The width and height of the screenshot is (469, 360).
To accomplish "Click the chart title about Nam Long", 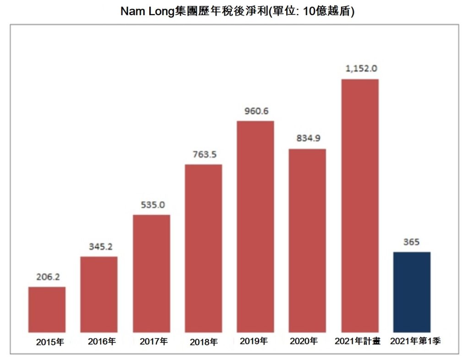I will tap(237, 11).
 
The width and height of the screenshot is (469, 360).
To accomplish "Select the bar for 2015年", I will tap(47, 309).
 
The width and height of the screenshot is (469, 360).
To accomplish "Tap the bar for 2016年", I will tap(99, 294).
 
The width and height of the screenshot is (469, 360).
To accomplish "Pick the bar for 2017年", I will tap(151, 273).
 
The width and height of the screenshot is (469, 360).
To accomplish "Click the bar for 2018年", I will tap(203, 248).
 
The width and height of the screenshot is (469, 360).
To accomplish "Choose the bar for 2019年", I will tap(255, 226).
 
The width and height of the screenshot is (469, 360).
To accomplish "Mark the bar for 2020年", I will tap(307, 240).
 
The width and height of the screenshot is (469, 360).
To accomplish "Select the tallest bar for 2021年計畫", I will tap(360, 205).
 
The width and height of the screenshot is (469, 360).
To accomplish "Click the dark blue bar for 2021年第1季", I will tap(412, 292).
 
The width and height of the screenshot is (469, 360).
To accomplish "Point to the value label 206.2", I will tap(48, 277).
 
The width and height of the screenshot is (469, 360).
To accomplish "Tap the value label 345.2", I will tap(100, 247).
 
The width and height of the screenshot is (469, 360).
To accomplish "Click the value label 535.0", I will tap(153, 205).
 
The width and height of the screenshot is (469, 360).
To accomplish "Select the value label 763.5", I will tap(204, 154).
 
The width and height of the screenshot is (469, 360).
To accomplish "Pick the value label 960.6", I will tap(256, 111).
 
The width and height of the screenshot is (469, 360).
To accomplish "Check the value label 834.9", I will tap(308, 139).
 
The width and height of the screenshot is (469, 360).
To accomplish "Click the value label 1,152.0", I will tap(361, 69).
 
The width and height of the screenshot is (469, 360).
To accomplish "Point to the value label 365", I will tap(411, 242).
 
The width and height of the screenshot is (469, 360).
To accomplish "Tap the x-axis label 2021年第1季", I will tap(415, 341).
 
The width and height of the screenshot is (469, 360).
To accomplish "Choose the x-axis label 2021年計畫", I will tap(358, 341).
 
